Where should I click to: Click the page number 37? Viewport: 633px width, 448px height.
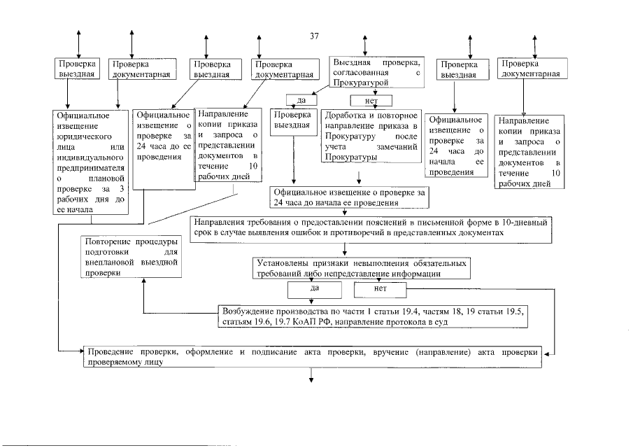[x=315, y=36]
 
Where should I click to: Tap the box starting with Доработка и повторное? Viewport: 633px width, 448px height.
[x=371, y=136]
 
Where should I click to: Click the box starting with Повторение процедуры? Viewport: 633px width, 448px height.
[x=129, y=258]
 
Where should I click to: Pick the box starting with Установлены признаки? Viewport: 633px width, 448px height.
[x=360, y=268]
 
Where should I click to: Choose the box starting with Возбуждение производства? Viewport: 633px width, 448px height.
[x=372, y=316]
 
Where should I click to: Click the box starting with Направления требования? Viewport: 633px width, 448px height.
[x=371, y=227]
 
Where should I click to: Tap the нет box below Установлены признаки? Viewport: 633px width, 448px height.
[x=380, y=288]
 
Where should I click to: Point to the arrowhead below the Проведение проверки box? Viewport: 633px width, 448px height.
[x=311, y=381]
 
